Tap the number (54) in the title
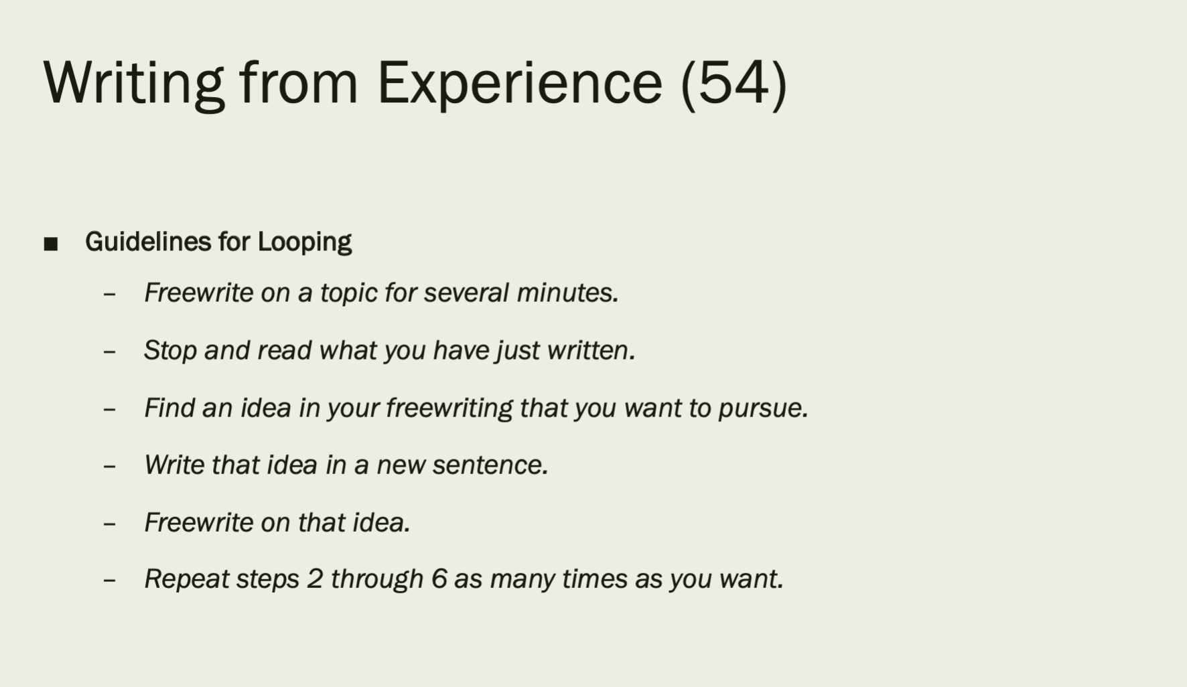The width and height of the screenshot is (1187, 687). [734, 84]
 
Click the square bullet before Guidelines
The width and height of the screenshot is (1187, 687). [51, 244]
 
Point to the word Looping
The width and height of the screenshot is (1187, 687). [305, 242]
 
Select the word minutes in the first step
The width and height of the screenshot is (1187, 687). [567, 293]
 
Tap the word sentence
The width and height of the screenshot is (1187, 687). [490, 465]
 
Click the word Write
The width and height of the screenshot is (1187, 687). [174, 465]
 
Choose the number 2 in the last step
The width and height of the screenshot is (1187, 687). [315, 579]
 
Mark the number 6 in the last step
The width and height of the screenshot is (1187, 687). [439, 579]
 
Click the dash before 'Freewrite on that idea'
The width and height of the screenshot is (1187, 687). [110, 523]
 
